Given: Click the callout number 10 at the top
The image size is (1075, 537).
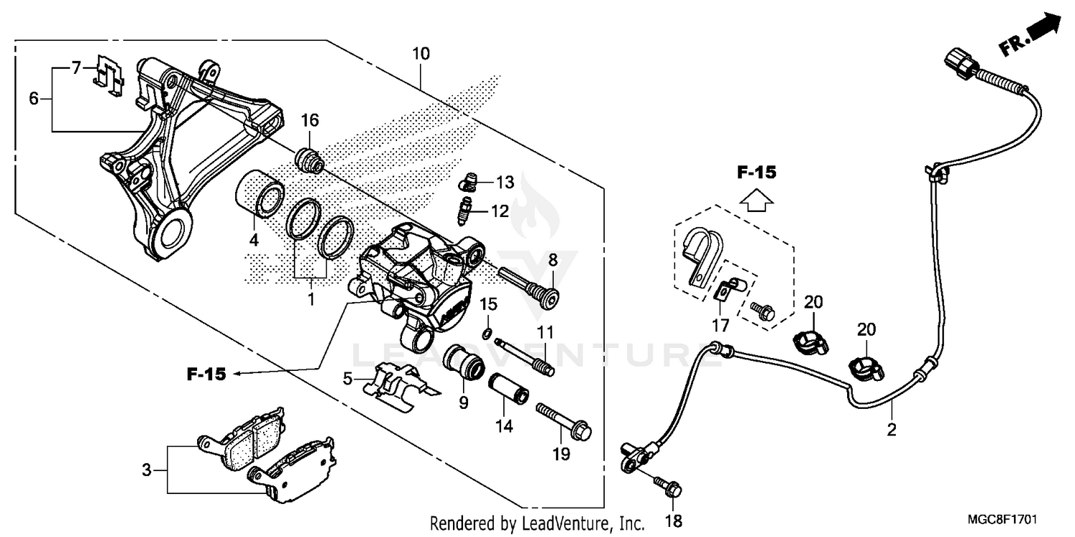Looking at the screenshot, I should click(x=421, y=54).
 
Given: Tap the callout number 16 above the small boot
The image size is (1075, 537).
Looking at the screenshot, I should click(x=310, y=120).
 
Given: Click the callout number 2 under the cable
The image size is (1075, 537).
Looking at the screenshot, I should click(x=892, y=430).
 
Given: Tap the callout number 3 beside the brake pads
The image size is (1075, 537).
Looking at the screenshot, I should click(x=146, y=470).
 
